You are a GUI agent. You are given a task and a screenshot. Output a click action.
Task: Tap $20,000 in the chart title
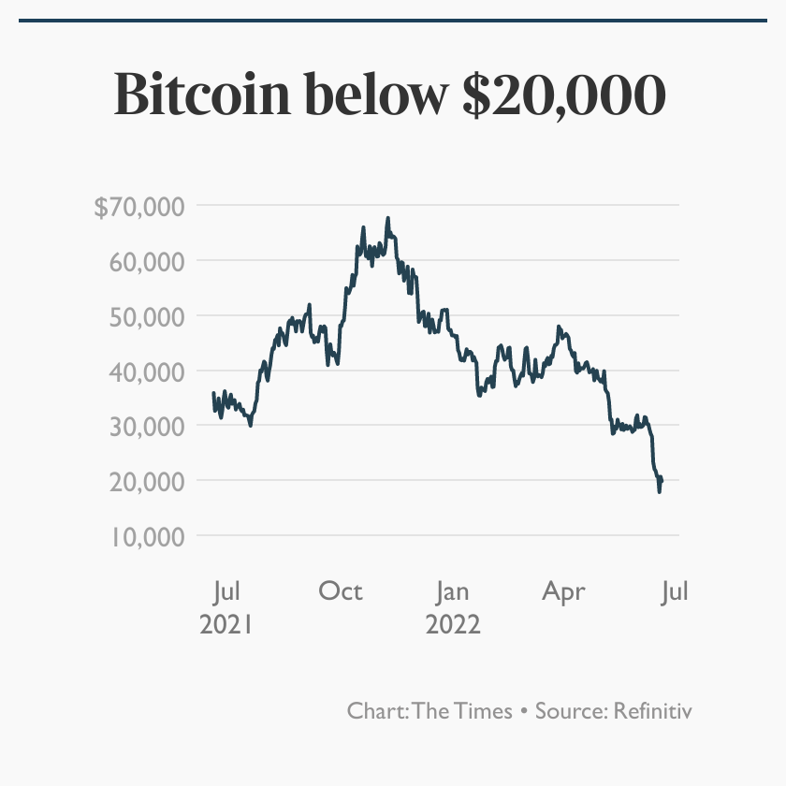point(564,95)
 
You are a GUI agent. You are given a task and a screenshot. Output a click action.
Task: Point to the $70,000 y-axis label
point(138,206)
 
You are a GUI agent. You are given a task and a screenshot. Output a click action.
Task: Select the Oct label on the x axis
point(340,591)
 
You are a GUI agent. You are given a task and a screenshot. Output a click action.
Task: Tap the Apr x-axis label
point(563,591)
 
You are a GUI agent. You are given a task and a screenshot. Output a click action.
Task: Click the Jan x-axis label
point(452,591)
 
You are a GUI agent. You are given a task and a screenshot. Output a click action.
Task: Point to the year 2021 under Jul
point(227,623)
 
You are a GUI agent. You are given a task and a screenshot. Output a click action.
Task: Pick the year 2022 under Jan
point(452,623)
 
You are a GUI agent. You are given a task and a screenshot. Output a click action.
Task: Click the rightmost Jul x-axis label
point(675,591)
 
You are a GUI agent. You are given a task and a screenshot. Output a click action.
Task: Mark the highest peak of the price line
point(387,219)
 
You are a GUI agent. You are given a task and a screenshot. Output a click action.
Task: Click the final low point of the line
point(660,490)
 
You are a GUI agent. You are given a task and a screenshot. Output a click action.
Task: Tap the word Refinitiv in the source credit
point(653,711)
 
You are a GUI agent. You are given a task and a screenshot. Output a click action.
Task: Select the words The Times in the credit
point(462,711)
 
